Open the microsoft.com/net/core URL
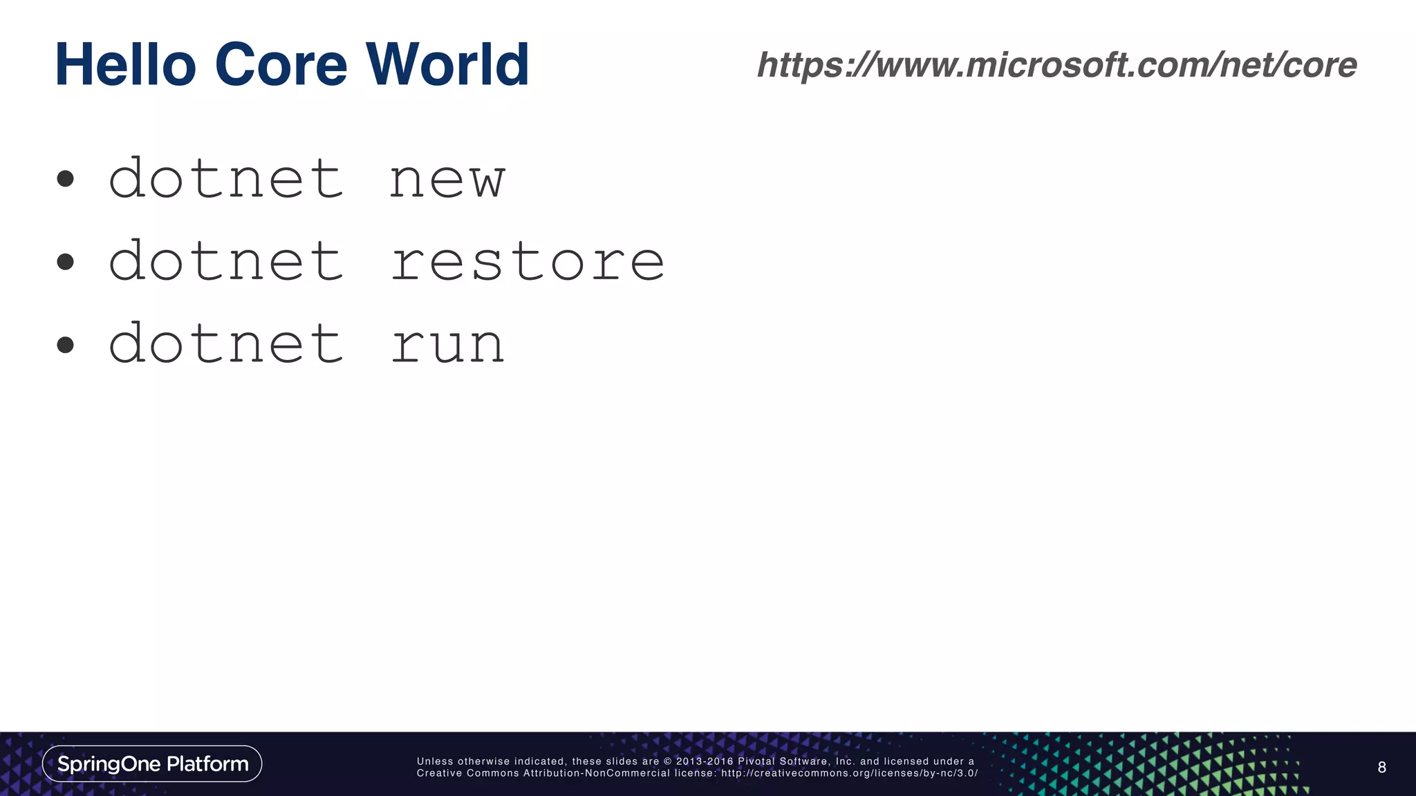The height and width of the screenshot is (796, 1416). pyautogui.click(x=1056, y=65)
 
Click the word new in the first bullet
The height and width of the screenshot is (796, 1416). pyautogui.click(x=447, y=180)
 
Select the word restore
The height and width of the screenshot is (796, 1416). pyautogui.click(x=528, y=262)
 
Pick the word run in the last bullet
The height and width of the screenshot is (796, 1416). pyautogui.click(x=447, y=344)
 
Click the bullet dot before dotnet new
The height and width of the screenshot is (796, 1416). pyautogui.click(x=66, y=180)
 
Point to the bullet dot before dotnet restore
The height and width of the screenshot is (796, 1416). pyautogui.click(x=66, y=262)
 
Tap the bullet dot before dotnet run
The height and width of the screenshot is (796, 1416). pyautogui.click(x=66, y=344)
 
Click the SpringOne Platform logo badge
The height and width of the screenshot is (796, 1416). pyautogui.click(x=152, y=764)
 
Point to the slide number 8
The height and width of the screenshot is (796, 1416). pyautogui.click(x=1381, y=767)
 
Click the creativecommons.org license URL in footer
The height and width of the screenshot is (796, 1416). pyautogui.click(x=849, y=773)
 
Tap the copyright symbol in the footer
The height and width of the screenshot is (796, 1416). pyautogui.click(x=668, y=761)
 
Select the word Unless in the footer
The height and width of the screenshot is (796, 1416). pyautogui.click(x=435, y=761)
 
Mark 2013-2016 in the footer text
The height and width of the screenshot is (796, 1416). pyautogui.click(x=705, y=761)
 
